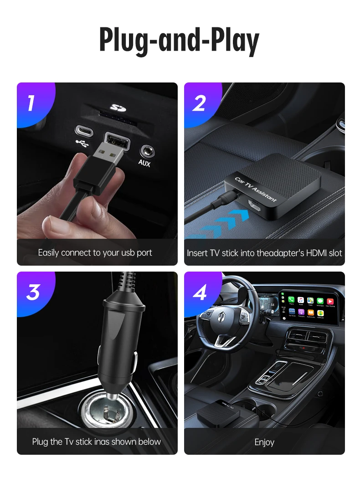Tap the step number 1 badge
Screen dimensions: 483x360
pos(31,103)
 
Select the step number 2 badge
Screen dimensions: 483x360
pos(199,103)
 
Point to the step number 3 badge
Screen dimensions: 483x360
pos(32,292)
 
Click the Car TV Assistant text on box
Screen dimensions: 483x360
pos(256,190)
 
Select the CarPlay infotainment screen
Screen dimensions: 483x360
pos(310,305)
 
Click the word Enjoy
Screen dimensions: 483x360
pos(264,442)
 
